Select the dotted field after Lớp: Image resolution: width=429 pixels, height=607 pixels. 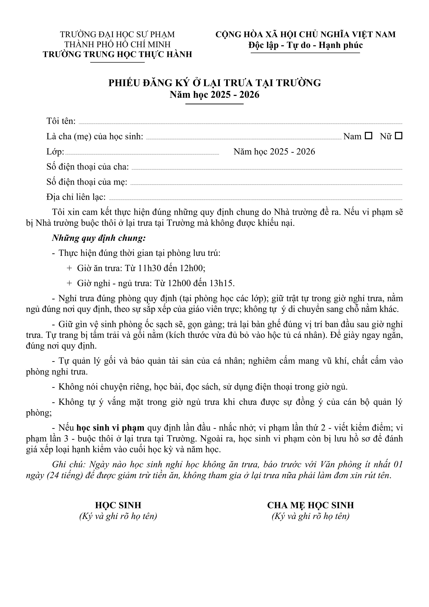pos(142,153)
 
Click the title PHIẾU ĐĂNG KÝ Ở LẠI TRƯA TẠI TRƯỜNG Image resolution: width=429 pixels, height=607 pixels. pos(214,83)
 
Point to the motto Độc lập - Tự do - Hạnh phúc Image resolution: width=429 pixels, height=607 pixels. pos(305,45)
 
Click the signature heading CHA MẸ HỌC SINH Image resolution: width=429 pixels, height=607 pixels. pos(310,505)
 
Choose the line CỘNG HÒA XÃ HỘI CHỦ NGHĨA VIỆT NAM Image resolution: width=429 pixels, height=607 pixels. pos(305,35)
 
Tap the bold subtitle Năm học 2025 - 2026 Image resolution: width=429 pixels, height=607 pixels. pos(214,95)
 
